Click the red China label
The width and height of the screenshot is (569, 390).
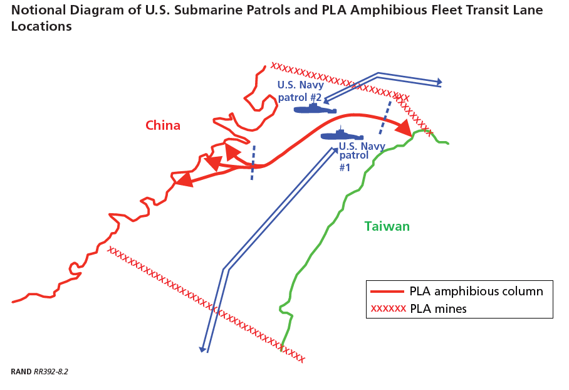tap(163, 125)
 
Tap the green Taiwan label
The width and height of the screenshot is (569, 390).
tap(387, 226)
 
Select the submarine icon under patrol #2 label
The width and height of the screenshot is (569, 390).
tap(315, 108)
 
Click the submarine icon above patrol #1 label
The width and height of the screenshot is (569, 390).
tap(342, 135)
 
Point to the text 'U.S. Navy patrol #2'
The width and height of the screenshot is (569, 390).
tap(300, 91)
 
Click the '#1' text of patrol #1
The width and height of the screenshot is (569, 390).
tap(345, 167)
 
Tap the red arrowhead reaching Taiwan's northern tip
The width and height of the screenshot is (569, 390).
tap(404, 127)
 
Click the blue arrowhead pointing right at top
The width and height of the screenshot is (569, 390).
tap(439, 82)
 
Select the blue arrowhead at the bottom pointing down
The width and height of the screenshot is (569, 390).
tap(202, 349)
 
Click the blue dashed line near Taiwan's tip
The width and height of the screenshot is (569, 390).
tap(385, 118)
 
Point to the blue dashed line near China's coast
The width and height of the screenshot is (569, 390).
tap(253, 162)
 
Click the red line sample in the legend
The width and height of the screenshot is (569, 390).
tap(387, 292)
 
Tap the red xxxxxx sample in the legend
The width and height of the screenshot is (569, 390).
tap(389, 309)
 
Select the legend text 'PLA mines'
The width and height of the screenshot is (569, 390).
tap(439, 309)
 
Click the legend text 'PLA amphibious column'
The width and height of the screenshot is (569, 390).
tap(476, 291)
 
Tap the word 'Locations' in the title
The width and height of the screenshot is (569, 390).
tap(41, 26)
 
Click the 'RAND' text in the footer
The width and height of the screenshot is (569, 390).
tap(21, 372)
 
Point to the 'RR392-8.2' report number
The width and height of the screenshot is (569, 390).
tap(51, 372)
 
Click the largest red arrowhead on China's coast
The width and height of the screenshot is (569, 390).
tap(184, 180)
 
